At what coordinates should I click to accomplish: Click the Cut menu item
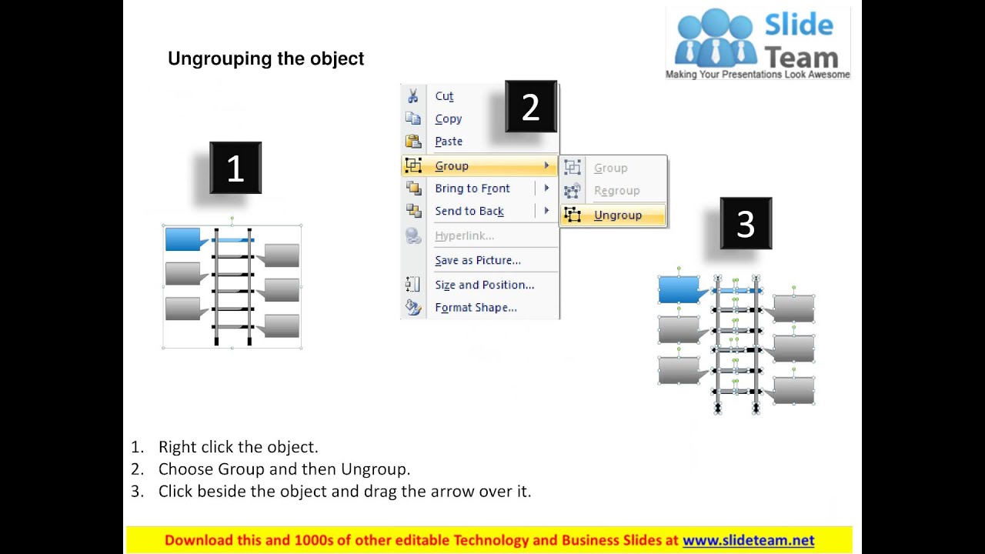444,96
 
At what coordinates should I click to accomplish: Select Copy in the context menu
449,119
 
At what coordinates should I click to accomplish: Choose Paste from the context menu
449,142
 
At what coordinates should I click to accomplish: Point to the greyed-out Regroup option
617,191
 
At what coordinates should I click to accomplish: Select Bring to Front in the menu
472,189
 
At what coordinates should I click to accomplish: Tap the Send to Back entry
469,211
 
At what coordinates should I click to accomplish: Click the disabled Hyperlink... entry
464,235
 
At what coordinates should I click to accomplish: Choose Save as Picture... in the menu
478,260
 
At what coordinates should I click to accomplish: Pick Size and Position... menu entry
485,285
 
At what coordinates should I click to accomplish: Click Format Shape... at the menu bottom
476,308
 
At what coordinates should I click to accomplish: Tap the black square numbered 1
235,168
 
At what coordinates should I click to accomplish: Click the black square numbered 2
531,106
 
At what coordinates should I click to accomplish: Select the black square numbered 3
746,223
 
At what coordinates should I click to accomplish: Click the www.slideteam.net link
749,540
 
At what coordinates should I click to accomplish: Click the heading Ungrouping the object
265,58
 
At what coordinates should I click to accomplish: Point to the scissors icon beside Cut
413,96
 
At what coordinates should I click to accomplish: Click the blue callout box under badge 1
184,239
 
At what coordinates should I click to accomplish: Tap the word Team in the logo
801,58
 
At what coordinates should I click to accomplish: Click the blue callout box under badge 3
679,289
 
